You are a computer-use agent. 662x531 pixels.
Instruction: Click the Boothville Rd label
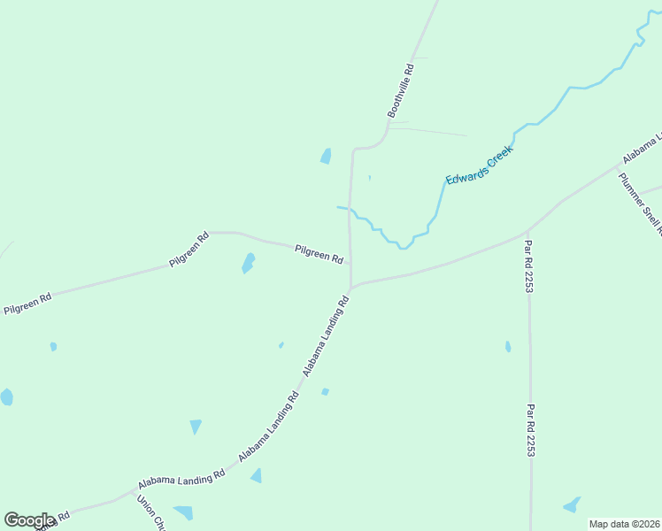(x=401, y=90)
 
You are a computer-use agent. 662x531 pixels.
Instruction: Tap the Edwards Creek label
(x=479, y=165)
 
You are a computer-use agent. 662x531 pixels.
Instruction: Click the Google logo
(x=29, y=520)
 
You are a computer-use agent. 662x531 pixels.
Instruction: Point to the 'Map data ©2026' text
(x=624, y=524)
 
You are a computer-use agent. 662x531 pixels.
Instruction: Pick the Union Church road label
(x=151, y=512)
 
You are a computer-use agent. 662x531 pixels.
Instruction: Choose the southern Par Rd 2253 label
(x=530, y=430)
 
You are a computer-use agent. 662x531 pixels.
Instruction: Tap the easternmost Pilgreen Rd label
(x=319, y=254)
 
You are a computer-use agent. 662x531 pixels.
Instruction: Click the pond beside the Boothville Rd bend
(x=326, y=157)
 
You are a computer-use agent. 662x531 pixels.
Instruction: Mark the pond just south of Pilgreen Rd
(x=249, y=263)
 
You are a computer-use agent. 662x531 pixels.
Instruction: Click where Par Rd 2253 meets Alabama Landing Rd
(x=528, y=233)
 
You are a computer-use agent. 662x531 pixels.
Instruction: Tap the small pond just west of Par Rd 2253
(x=508, y=347)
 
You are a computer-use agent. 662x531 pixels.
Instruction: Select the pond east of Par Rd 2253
(x=573, y=505)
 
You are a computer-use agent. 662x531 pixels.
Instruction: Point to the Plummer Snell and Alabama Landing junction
(x=620, y=165)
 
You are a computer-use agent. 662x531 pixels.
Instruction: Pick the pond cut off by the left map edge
(x=6, y=396)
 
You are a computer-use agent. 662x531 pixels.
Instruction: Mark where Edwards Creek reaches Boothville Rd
(x=350, y=210)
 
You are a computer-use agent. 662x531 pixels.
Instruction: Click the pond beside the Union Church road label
(x=184, y=512)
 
